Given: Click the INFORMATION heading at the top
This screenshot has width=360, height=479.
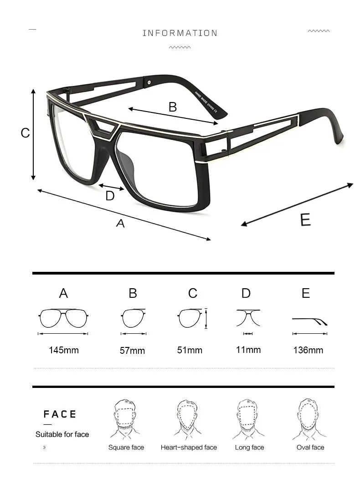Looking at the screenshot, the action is click(180, 33).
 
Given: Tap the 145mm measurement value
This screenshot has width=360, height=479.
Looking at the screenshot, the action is click(63, 350).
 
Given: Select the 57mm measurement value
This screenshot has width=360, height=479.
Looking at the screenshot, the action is click(132, 351).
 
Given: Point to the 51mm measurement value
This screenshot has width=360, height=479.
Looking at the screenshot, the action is click(190, 350).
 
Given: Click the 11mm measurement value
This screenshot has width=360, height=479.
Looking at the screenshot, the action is click(248, 350).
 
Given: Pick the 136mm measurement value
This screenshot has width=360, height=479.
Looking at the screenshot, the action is click(308, 350).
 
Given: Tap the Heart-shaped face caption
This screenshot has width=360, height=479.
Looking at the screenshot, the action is click(189, 448).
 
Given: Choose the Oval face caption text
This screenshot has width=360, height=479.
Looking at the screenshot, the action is click(310, 448).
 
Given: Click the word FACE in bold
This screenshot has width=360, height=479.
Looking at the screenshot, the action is click(60, 414).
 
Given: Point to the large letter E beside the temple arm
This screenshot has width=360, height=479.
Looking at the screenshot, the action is click(305, 220).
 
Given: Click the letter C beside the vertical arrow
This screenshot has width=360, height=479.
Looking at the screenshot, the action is click(26, 133).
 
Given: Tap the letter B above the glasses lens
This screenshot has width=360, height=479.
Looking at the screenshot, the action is click(172, 107).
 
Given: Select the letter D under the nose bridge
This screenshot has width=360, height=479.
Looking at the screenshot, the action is click(110, 196).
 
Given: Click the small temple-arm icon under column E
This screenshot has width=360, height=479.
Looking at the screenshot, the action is click(310, 321).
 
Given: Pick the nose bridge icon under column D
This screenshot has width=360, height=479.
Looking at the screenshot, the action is click(248, 317).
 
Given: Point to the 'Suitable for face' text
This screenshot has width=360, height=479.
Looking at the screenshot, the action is click(62, 434).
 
